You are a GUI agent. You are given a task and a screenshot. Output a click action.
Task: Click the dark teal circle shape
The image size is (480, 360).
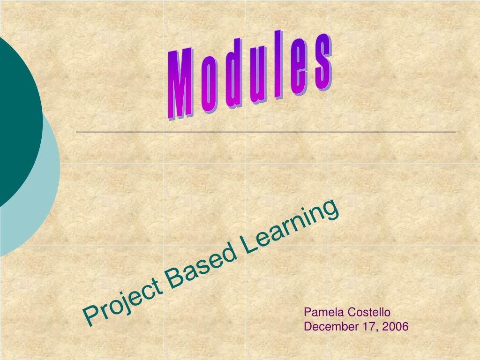[x=16, y=117]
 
